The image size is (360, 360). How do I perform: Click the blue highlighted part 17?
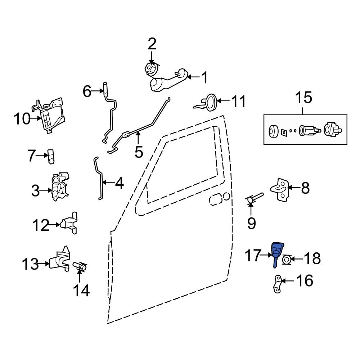pos(277,252)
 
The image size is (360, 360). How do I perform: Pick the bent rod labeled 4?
pos(99,180)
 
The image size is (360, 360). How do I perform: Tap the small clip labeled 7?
pos(51,157)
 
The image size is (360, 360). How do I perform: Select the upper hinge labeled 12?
pos(70,223)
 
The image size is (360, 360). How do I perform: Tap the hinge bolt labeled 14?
pos(80,267)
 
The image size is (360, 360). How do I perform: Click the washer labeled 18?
pos(287,259)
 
